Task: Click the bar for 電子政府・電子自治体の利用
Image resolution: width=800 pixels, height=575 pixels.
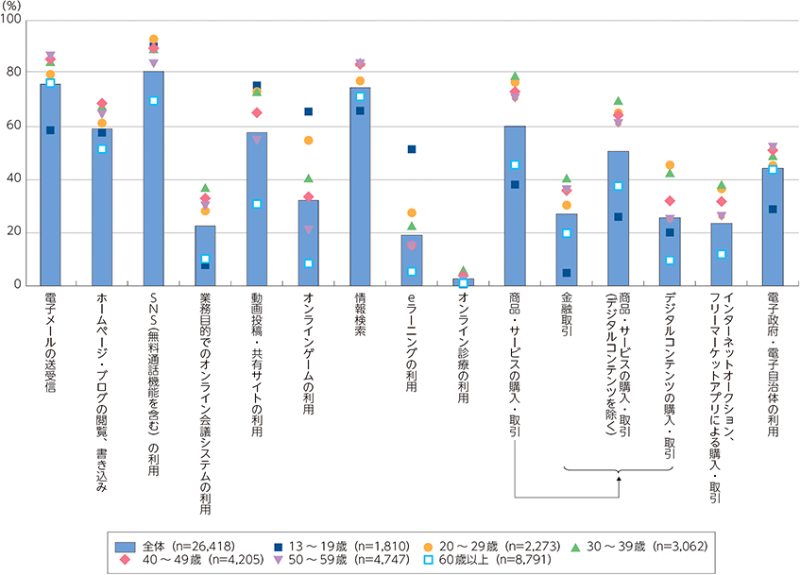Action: pos(773,227)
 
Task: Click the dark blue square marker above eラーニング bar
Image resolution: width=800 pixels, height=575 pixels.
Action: pos(411,149)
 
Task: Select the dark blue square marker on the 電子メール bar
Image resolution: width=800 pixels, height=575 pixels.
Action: pos(50,130)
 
